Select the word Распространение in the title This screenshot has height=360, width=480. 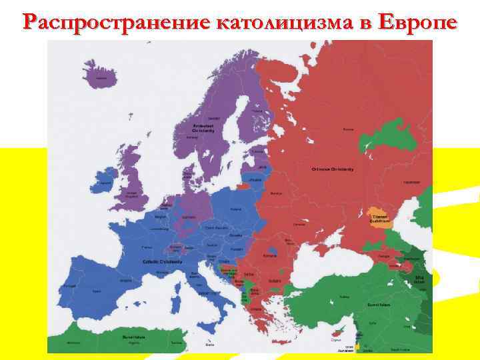click(113, 21)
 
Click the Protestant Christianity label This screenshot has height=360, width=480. click(203, 128)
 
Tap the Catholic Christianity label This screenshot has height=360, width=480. click(158, 261)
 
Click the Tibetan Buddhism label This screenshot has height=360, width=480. click(379, 219)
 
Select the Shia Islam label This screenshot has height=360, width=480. click(419, 279)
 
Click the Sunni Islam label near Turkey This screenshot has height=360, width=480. click(355, 305)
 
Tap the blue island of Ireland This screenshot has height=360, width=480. click(104, 181)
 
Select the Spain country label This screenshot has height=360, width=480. click(97, 291)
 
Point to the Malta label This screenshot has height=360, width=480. click(211, 344)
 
